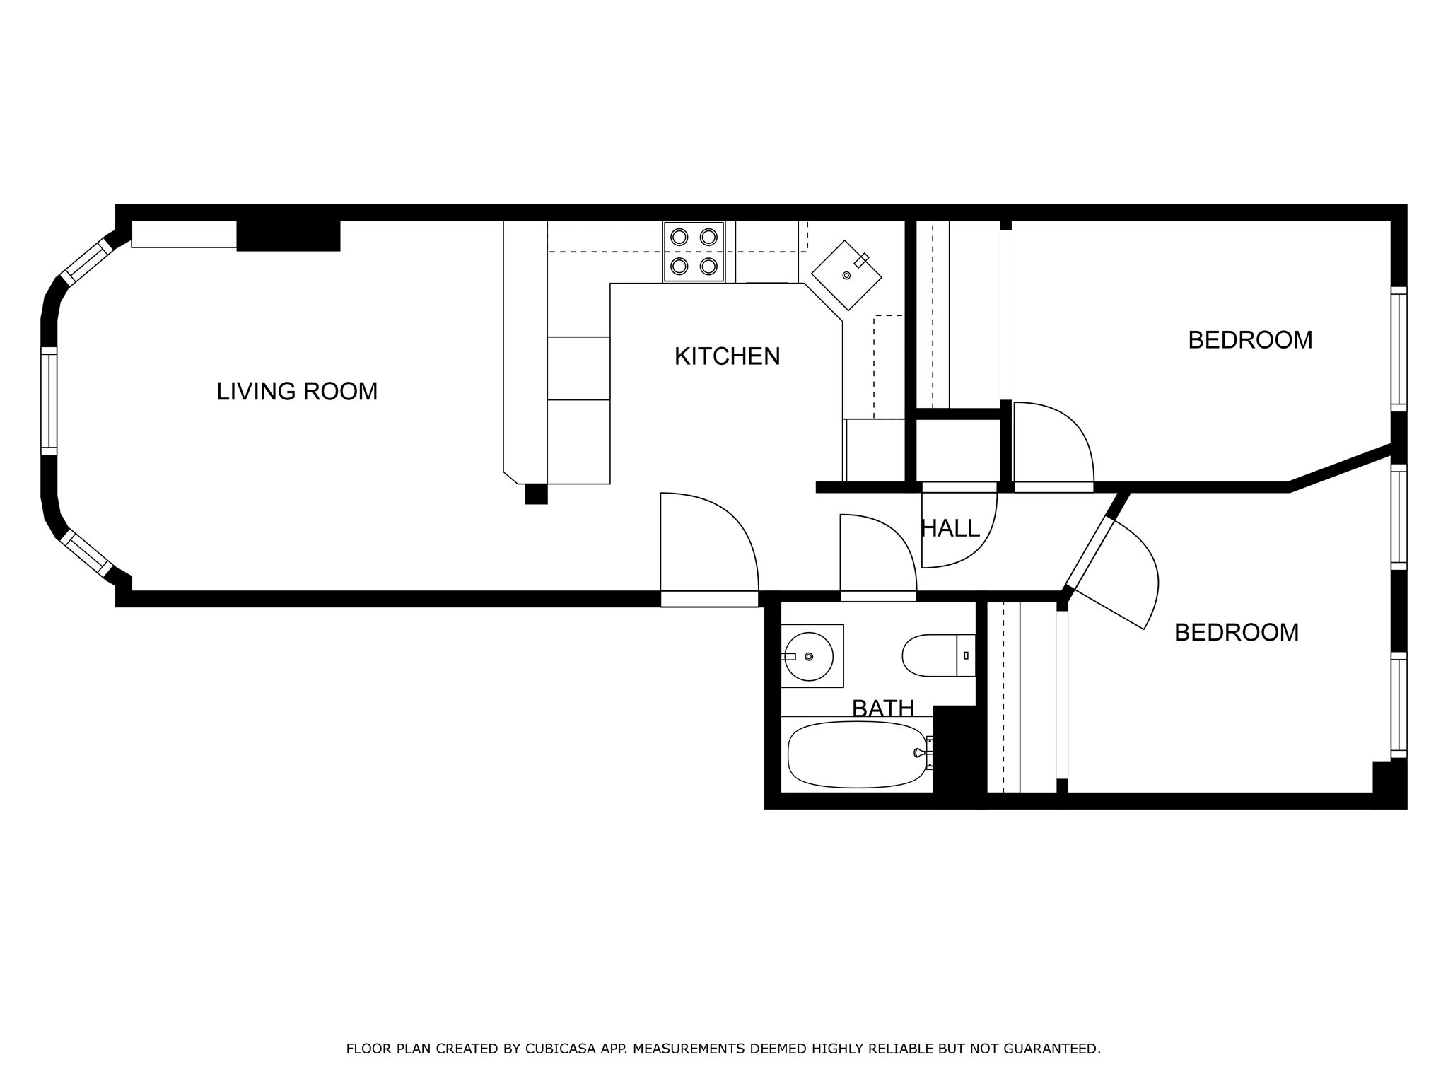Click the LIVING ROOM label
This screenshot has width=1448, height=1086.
pyautogui.click(x=297, y=391)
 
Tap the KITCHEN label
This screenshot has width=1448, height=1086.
pyautogui.click(x=727, y=356)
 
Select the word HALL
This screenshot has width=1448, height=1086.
pyautogui.click(x=950, y=528)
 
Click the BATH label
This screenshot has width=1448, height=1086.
pyautogui.click(x=883, y=708)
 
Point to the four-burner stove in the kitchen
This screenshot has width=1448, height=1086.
pyautogui.click(x=694, y=252)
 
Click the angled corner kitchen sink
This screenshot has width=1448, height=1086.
pyautogui.click(x=846, y=275)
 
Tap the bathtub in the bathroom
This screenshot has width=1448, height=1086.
pyautogui.click(x=858, y=754)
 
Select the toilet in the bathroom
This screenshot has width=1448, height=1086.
pyautogui.click(x=939, y=655)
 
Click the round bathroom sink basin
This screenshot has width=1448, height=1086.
pyautogui.click(x=809, y=656)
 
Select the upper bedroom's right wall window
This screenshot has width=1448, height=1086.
pyautogui.click(x=1399, y=349)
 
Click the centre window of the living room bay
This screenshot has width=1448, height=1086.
pyautogui.click(x=49, y=401)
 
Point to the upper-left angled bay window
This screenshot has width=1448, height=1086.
pyautogui.click(x=86, y=262)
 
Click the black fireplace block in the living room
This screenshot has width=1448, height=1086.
pyautogui.click(x=288, y=235)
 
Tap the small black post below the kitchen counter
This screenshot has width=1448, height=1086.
pyautogui.click(x=536, y=494)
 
